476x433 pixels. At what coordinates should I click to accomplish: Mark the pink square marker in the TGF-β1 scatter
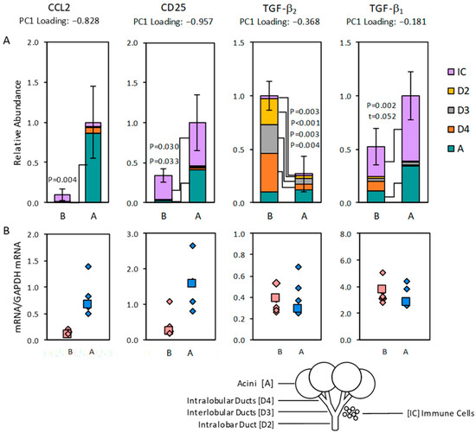pos(381,290)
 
